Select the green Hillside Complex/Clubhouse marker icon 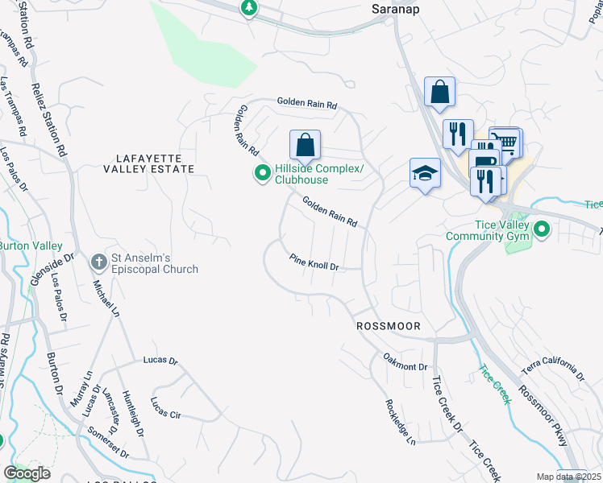[262, 173]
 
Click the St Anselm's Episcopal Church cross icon [98, 262]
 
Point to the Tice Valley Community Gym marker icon [542, 231]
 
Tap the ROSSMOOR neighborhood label [390, 326]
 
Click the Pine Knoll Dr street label [314, 262]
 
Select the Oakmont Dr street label [405, 361]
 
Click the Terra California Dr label [553, 371]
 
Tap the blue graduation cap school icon [425, 173]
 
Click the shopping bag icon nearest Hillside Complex [306, 146]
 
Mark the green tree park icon [249, 7]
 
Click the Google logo [27, 473]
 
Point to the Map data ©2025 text [568, 477]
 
